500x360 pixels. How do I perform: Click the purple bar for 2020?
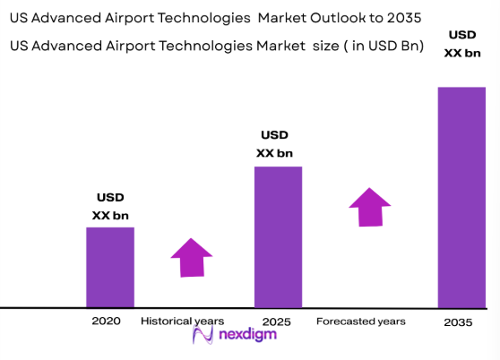tap(110, 267)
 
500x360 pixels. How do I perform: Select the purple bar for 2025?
tap(278, 237)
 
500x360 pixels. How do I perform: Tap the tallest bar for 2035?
tap(461, 197)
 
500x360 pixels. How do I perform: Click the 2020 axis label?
tap(106, 321)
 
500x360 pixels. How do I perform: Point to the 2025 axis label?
tap(276, 321)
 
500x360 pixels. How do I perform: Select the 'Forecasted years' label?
tap(361, 321)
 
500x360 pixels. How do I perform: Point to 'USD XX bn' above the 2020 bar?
tap(110, 206)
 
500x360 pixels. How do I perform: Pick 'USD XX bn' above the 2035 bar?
tap(462, 44)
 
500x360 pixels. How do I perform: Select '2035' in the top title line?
tap(402, 17)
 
